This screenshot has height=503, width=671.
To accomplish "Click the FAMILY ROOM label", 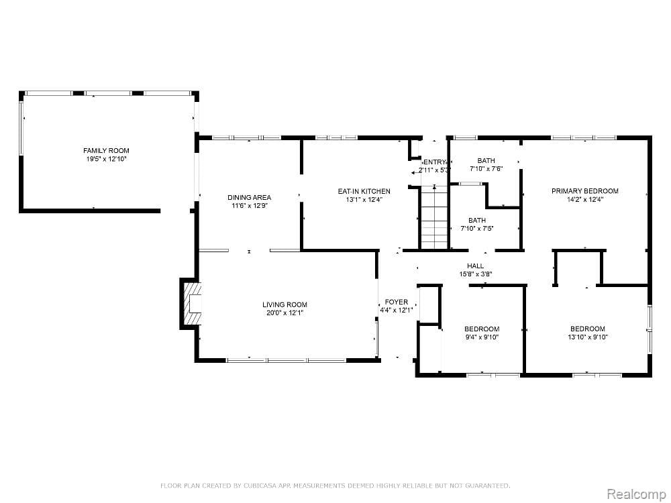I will [106, 150].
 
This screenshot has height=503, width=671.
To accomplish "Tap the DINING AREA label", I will [249, 197].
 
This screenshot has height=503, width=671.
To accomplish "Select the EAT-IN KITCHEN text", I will [364, 191].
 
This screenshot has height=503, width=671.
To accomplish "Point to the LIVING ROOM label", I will [285, 304].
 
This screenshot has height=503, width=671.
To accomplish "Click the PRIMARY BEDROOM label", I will [584, 191].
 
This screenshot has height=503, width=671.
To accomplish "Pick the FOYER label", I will [396, 302].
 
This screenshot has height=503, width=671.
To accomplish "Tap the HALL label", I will [476, 266].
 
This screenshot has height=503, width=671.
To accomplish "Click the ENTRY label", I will [434, 162].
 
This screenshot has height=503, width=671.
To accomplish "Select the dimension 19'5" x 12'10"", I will [106, 159].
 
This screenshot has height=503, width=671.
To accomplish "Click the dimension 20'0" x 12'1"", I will [285, 313].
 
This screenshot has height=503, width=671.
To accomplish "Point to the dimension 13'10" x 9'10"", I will [587, 337].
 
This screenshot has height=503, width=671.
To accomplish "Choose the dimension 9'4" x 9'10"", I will [482, 337].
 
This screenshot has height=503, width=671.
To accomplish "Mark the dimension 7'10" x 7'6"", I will [486, 169].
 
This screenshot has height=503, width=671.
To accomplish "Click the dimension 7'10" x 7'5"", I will [477, 228].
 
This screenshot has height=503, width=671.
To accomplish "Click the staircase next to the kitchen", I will [434, 219].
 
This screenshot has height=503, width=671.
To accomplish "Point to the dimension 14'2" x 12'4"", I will [584, 199].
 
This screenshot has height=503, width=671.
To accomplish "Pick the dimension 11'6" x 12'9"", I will [249, 206].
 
